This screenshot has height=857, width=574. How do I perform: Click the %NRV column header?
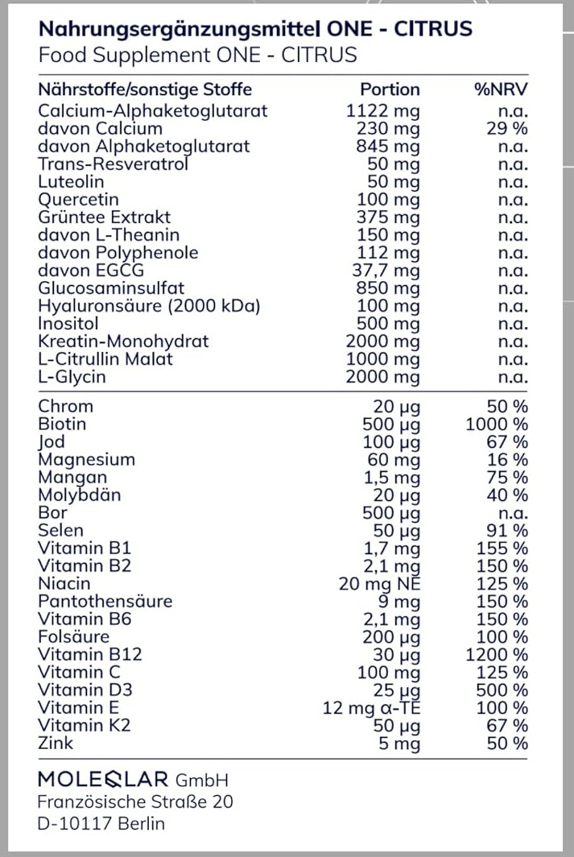(501, 89)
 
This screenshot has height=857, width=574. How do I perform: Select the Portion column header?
(390, 89)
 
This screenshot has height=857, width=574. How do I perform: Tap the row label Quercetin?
(78, 199)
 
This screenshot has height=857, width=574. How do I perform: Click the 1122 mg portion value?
(382, 111)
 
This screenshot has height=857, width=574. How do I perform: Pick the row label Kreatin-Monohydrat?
(123, 341)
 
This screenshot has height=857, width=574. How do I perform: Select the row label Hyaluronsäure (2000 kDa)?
(150, 305)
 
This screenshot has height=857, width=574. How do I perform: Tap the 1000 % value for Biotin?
(497, 424)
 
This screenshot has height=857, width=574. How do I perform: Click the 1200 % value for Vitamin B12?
(497, 654)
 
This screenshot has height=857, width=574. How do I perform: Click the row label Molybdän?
(79, 495)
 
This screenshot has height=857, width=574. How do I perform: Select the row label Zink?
(56, 743)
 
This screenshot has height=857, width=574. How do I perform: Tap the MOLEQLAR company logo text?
(103, 779)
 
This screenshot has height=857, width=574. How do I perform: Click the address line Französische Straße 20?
(136, 802)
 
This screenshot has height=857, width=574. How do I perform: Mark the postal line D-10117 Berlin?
(101, 823)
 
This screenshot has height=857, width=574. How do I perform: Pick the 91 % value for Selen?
(507, 530)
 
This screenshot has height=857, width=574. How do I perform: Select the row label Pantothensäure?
(105, 601)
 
